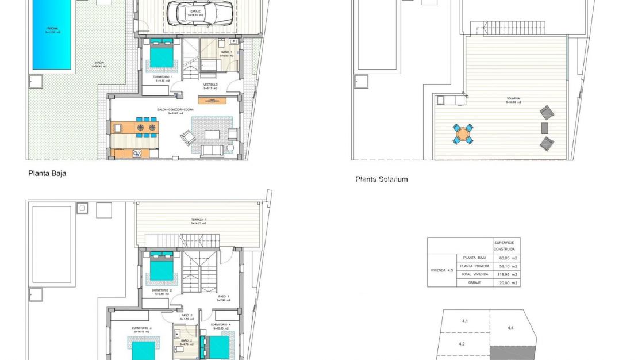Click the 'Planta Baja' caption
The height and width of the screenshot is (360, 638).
[48, 173]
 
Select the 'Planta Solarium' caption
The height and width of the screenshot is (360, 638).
[382, 179]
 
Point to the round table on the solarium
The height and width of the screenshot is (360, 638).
[463, 135]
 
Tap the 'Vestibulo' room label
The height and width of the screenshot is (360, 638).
[210, 85]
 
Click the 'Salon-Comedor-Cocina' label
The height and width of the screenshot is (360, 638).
[175, 109]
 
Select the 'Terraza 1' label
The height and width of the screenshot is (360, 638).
[199, 220]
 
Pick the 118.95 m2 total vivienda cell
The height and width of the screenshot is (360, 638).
[506, 274]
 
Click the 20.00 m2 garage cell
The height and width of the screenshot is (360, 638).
[506, 283]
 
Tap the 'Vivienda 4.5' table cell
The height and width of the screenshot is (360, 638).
[441, 270]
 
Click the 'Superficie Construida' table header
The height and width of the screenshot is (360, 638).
[506, 246]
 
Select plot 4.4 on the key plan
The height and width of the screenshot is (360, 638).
[510, 327]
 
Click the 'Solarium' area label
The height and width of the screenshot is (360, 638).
[513, 98]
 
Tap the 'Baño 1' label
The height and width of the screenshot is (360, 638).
[225, 52]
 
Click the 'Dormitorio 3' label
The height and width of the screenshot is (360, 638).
[141, 328]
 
